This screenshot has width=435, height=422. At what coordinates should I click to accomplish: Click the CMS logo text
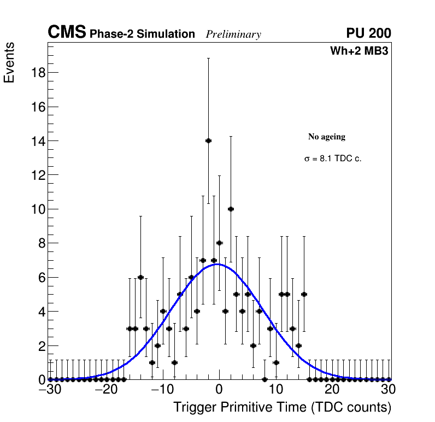point(67,33)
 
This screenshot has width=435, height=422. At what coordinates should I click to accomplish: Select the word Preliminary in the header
point(233,34)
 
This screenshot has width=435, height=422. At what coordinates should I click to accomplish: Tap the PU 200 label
point(368,33)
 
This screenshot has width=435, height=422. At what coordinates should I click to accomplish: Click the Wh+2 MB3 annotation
point(359,51)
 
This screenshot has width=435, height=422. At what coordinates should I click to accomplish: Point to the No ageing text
point(327,137)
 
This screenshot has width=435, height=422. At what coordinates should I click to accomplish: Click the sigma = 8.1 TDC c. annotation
point(333,159)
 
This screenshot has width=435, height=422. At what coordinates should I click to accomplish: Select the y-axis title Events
point(9,62)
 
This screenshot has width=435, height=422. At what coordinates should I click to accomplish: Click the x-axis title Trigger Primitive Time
point(282,407)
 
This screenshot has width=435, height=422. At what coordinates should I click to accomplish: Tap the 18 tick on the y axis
point(37,73)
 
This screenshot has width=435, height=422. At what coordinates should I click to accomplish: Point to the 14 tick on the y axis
point(37,141)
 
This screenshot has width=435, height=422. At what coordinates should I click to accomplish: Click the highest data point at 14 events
point(208,140)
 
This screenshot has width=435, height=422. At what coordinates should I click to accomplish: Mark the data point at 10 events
point(231,209)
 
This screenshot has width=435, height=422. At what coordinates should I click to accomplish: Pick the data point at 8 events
point(219,243)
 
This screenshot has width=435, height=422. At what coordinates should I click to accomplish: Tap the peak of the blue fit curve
point(217,264)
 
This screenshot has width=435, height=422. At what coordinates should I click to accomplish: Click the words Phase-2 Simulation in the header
point(142,34)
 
